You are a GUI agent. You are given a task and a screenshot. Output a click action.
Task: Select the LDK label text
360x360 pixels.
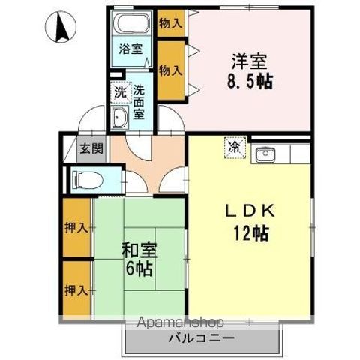coord(250,212)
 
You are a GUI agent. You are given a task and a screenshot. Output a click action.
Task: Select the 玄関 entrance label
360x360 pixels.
coord(89,148)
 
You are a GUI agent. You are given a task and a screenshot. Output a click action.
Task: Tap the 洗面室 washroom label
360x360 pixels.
coord(139,102)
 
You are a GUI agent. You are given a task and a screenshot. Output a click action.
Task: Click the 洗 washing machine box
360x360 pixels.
coord(120,93)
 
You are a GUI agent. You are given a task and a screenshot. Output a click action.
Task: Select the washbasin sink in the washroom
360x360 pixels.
coord(121,117)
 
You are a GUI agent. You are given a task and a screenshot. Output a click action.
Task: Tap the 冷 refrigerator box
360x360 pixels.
coord(235,147)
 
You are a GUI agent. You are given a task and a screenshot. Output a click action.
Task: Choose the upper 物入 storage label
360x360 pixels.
coord(171,23)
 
